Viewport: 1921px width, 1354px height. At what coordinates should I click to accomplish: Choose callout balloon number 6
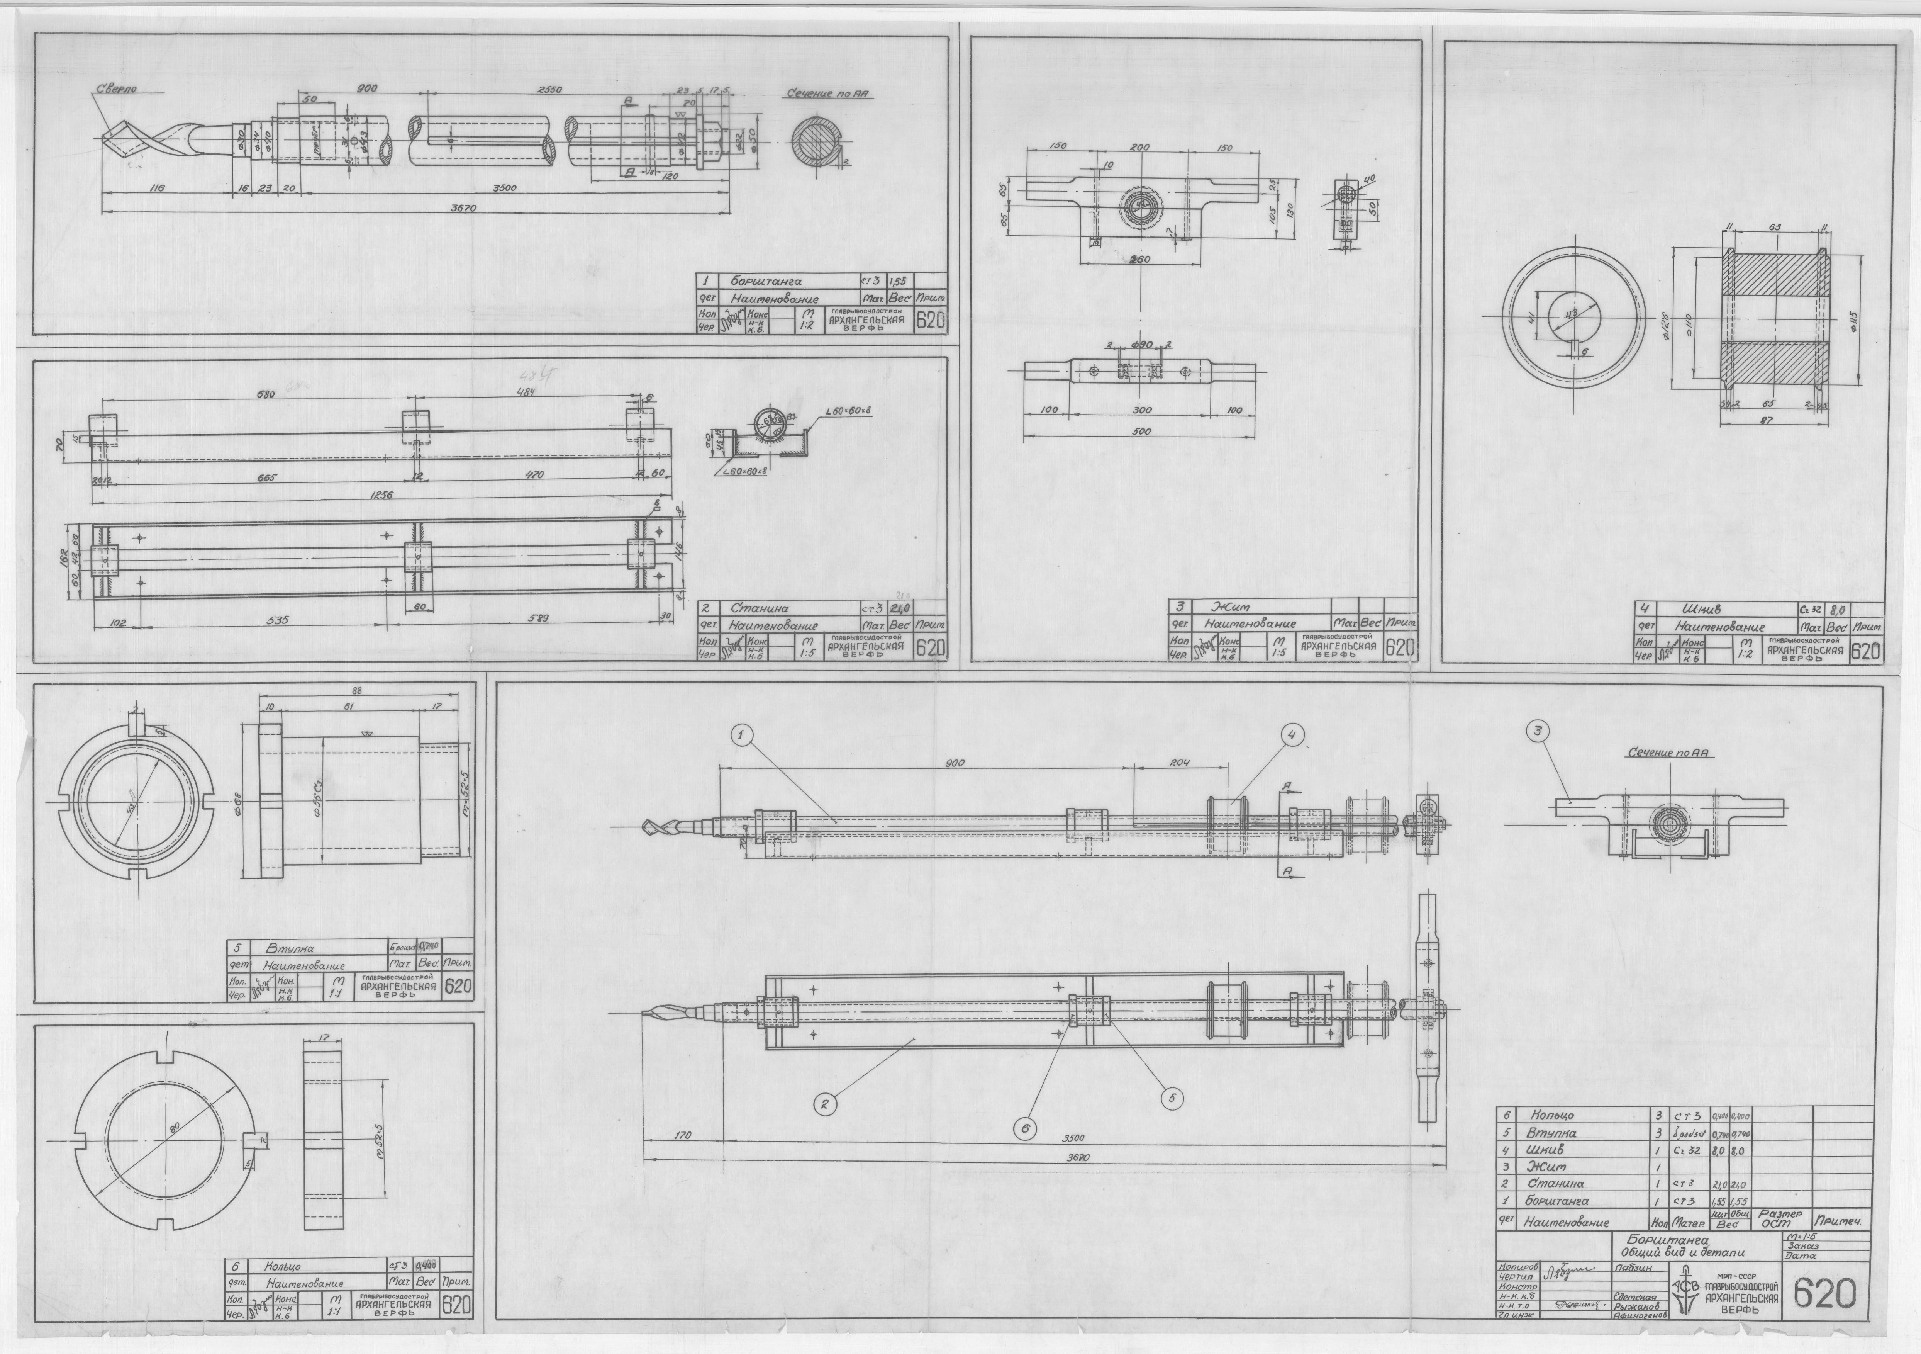pyautogui.click(x=1024, y=1128)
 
